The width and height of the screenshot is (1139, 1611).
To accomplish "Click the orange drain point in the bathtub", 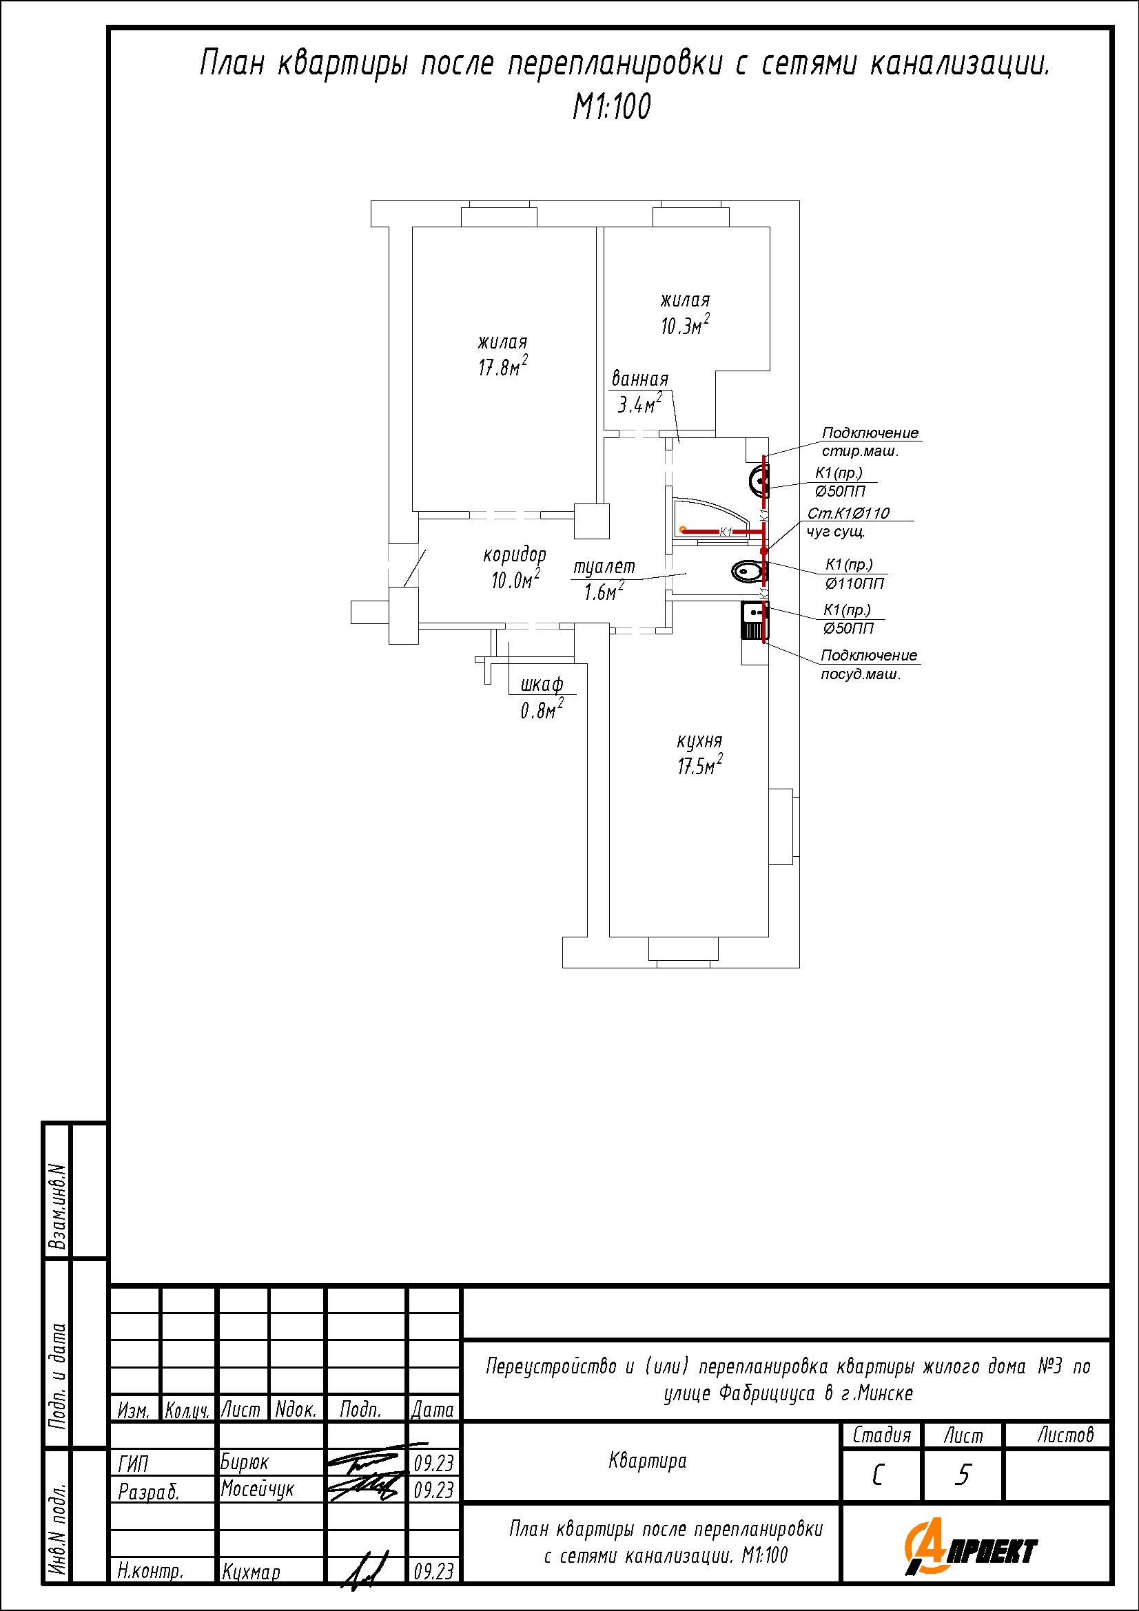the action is [682, 529].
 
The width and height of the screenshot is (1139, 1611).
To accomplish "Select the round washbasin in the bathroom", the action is [759, 482].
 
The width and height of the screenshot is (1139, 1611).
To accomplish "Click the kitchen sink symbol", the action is [754, 620].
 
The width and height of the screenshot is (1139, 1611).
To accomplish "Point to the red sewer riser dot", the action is [764, 552].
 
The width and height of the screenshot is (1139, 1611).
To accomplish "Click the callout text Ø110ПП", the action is [854, 583].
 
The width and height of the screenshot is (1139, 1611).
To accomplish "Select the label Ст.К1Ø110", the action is [848, 513].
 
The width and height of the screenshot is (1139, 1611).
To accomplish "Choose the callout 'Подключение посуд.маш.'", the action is [869, 665].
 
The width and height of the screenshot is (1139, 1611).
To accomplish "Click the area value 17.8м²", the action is [502, 366].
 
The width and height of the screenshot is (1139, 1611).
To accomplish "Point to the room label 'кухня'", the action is [699, 741].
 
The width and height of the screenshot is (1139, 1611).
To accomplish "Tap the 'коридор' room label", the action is [515, 555].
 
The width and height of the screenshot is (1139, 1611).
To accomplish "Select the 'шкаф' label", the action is [541, 684].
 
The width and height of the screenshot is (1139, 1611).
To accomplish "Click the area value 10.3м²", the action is [684, 325].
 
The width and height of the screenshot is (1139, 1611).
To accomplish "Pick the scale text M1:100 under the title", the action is [612, 107].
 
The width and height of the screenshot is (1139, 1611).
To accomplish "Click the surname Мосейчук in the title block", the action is [257, 1489].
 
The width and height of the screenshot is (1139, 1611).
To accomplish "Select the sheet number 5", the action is [963, 1475].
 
